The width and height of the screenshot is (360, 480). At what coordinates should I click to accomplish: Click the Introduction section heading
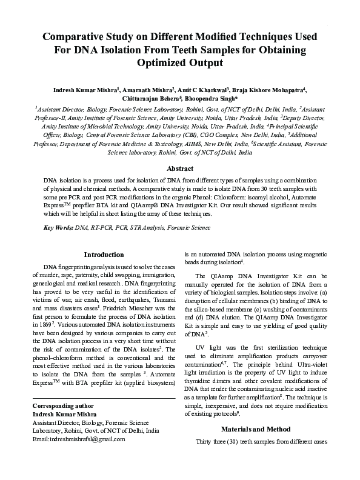104,255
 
